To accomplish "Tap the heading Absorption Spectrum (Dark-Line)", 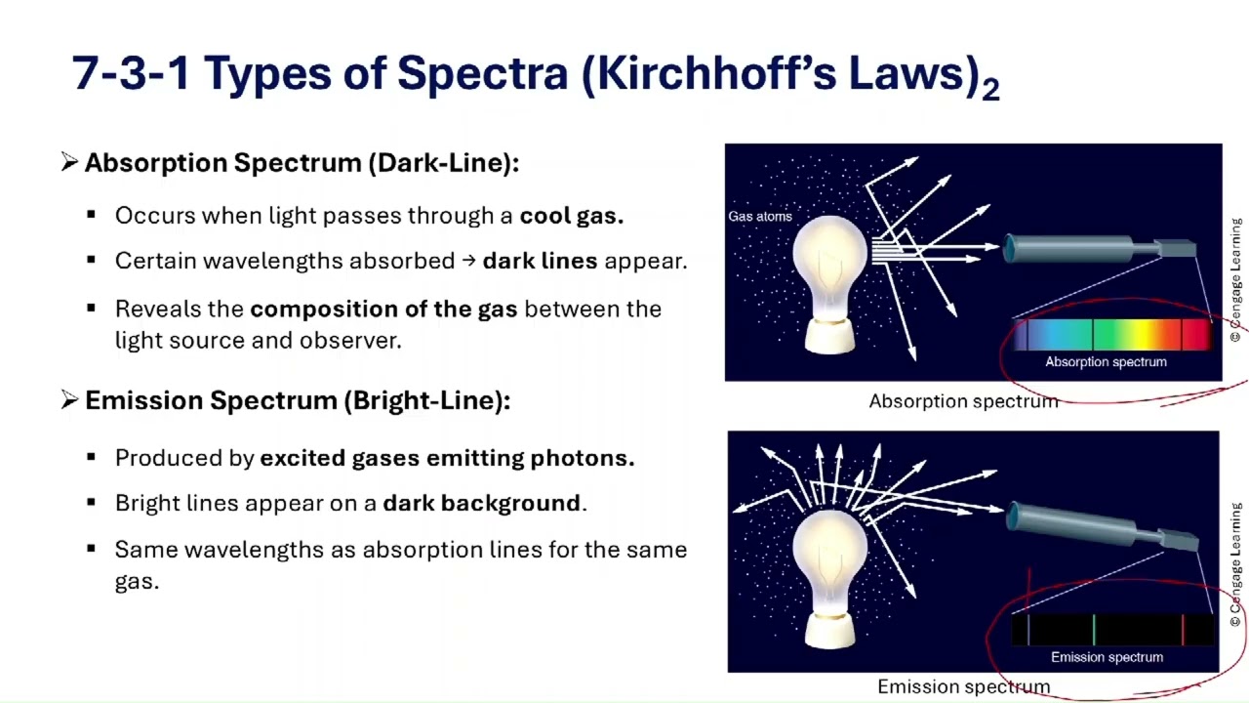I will (302, 163).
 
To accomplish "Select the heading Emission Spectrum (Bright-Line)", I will (297, 400).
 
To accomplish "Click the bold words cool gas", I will (571, 216).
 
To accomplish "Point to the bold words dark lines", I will (541, 262).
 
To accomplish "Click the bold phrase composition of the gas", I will (384, 310).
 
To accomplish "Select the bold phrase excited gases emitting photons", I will (447, 458).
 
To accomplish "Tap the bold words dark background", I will (482, 504).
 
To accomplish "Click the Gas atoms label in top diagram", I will (759, 217).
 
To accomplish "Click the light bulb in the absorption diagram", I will (829, 278).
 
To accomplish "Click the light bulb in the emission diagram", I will (829, 576).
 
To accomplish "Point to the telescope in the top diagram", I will (1093, 249).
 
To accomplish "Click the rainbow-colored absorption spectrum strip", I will (1112, 335).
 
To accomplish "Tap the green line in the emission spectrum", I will (1094, 630).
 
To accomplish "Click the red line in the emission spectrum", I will (1183, 630).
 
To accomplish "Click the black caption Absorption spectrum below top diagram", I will (963, 401).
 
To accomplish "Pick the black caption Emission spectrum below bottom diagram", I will (963, 687).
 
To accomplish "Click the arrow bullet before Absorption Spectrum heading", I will (69, 162).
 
